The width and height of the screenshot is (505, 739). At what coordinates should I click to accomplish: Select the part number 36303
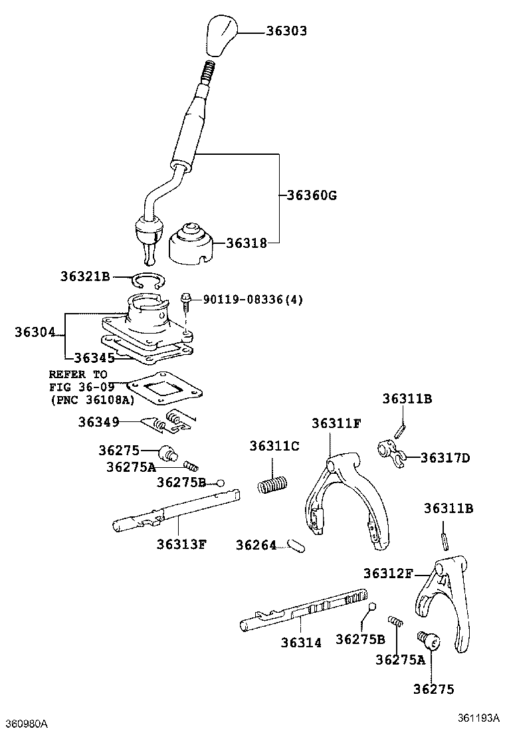click(286, 31)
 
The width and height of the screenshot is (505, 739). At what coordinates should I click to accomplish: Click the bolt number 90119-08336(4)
click(252, 300)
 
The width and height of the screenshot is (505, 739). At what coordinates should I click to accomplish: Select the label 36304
click(35, 332)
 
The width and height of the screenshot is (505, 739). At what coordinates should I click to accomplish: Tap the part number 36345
click(94, 358)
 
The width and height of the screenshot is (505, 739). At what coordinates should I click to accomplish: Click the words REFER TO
click(78, 375)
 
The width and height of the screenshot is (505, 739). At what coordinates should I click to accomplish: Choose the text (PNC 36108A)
click(91, 400)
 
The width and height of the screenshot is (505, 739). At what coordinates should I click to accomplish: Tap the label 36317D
click(445, 458)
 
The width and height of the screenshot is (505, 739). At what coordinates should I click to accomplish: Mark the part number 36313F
click(181, 544)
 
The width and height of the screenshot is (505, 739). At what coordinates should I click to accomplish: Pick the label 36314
click(300, 643)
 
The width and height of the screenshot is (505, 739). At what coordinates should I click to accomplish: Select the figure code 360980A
click(27, 722)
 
